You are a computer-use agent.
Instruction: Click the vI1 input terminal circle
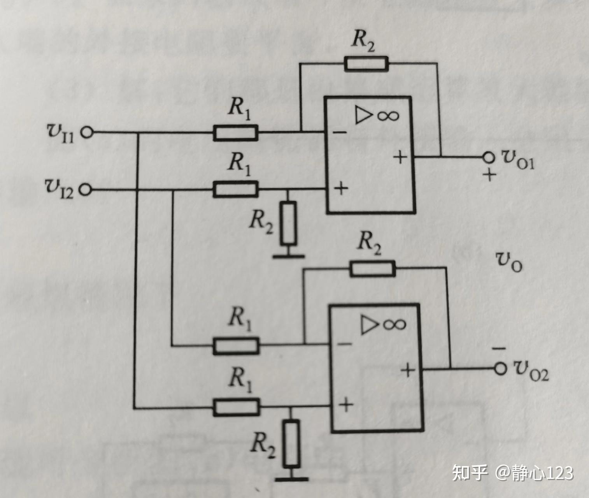87,133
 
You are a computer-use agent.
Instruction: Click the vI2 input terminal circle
86,190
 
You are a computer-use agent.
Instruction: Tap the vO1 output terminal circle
488,157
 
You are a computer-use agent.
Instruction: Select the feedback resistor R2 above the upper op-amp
366,63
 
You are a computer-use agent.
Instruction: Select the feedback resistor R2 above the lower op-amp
372,269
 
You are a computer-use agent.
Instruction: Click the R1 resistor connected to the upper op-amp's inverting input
235,133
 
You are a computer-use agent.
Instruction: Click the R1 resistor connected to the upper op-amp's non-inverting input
235,190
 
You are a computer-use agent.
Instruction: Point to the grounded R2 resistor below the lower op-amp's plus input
291,444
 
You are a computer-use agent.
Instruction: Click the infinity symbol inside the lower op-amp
394,324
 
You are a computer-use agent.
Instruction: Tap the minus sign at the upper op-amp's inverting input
339,133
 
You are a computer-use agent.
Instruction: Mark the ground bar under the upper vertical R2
288,256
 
